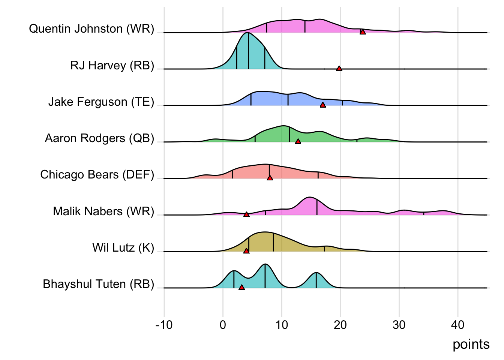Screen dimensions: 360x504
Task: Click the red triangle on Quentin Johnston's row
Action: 363,32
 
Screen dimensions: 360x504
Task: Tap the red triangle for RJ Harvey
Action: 339,69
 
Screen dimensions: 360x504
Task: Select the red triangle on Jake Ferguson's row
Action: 322,105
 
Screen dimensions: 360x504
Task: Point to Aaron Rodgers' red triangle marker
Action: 298,141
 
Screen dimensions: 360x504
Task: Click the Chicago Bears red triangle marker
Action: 270,178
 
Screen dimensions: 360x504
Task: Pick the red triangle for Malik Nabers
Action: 246,214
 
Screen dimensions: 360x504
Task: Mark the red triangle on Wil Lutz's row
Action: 246,251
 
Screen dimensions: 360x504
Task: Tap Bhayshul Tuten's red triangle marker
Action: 241,287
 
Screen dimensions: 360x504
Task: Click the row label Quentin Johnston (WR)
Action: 91,29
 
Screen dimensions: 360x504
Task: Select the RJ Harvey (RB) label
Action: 112,66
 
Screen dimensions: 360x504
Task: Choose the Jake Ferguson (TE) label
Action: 101,102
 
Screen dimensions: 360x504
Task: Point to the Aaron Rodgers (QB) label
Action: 99,138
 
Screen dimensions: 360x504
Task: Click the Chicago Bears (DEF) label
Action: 97,175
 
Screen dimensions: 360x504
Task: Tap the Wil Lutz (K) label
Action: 123,248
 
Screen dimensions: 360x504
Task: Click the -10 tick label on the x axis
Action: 164,325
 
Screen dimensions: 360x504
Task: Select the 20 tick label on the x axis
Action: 340,325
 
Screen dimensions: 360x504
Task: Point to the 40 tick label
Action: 457,325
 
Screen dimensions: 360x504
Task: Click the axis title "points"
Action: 471,344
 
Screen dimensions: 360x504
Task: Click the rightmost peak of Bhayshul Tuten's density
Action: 316,273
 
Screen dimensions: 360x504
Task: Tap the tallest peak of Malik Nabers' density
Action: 309,198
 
